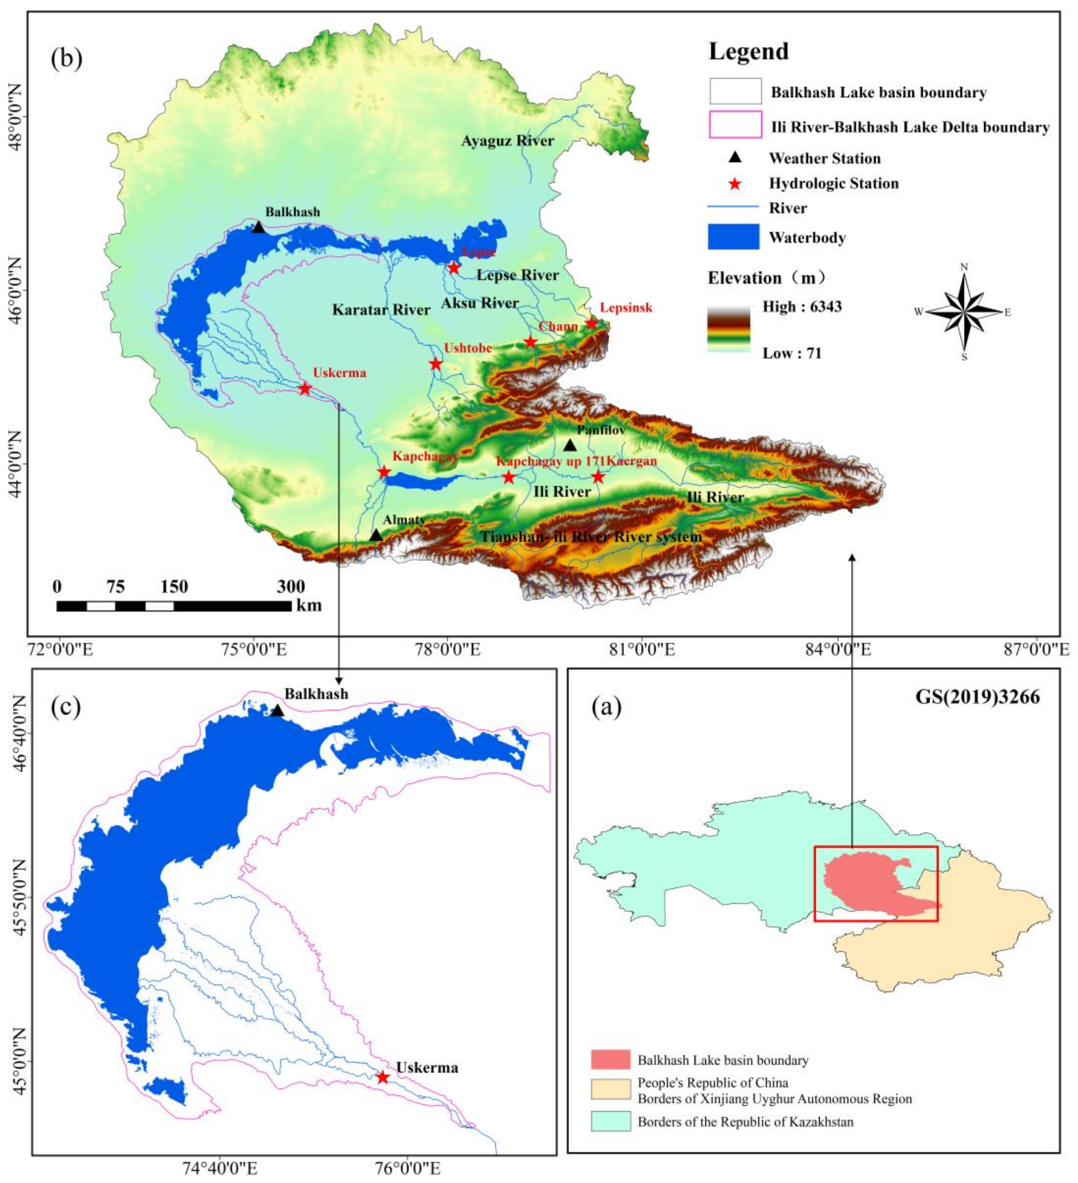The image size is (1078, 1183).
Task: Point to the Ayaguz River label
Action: [x=507, y=141]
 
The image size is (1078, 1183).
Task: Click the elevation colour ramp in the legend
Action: [x=729, y=329]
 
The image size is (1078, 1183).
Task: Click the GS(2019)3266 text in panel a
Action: [x=977, y=696]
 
